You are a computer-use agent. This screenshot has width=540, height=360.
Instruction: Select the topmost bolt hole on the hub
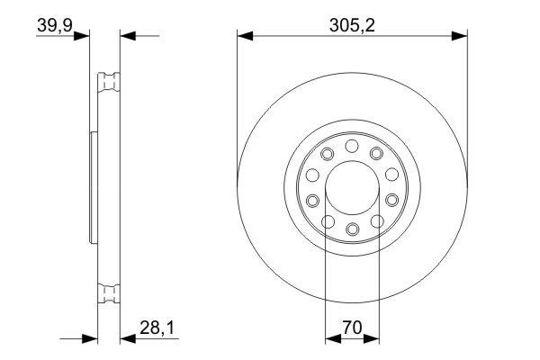coord(352,145)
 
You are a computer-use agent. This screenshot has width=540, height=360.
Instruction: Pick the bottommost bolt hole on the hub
coord(352,229)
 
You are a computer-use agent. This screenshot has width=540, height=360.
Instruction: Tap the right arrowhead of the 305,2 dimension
coord(460,36)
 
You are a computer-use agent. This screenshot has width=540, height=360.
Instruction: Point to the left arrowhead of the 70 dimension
coord(331,340)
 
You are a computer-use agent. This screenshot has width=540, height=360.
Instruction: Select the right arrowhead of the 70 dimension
coord(373,340)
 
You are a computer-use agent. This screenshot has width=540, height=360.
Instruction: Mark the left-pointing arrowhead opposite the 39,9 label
coord(127,36)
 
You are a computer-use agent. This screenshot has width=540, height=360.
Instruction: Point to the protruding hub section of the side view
coord(93,187)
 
